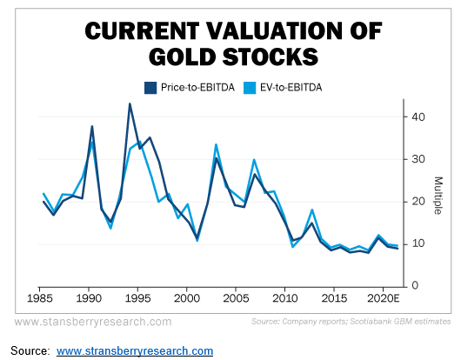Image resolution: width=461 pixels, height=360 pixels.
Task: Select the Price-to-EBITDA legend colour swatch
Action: tap(150, 86)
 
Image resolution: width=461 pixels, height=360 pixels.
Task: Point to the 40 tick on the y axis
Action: tap(418, 117)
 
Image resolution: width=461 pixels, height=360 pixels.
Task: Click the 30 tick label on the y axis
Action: tap(418, 159)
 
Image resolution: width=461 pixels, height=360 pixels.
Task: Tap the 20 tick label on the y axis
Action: tap(418, 202)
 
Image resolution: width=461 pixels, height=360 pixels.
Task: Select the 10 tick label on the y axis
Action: tap(418, 243)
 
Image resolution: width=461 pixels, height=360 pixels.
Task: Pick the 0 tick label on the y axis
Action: tap(415, 285)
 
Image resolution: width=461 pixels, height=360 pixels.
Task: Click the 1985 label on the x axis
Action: tap(39, 297)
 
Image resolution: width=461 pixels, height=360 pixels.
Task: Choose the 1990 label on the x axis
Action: tap(88, 297)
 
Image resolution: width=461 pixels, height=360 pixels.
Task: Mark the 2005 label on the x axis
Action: tap(236, 297)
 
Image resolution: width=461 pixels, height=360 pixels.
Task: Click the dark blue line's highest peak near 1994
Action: tap(130, 104)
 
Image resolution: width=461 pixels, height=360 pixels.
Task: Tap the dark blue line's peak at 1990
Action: tap(92, 127)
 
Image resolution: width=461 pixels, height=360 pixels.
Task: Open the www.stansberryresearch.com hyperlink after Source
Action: tap(135, 350)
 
